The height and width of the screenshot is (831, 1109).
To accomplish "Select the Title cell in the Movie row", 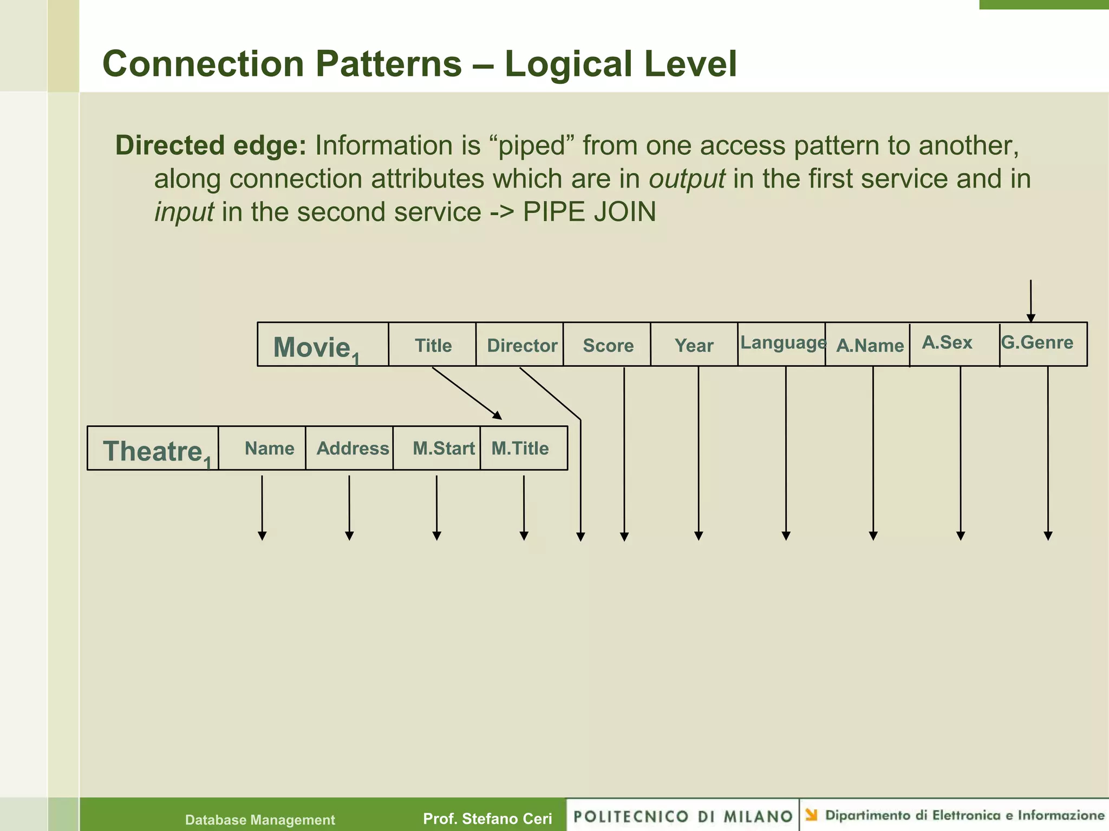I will [433, 345].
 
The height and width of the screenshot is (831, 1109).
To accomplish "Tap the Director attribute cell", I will [521, 345].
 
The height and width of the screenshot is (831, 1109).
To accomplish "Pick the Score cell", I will [608, 345].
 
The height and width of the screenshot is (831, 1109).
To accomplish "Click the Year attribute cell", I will [694, 345].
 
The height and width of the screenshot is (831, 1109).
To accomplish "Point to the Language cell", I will [782, 343].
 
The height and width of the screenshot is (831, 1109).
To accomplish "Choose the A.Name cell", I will [869, 345].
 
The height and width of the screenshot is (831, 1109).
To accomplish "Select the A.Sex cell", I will [947, 342].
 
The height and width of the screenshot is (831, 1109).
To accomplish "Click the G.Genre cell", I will [1037, 342].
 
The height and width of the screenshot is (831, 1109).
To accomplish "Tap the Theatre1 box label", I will [154, 451].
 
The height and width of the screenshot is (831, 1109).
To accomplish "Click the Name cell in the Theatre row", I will [269, 449].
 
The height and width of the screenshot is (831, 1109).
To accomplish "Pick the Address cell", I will [353, 449].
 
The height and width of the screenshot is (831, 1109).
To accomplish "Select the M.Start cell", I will [443, 449].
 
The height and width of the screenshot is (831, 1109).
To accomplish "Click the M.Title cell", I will [520, 449].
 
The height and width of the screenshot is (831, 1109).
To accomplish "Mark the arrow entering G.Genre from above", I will [1030, 300].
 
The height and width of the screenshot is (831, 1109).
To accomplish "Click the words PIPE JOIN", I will [589, 212].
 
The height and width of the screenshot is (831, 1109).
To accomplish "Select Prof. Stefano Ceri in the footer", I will [487, 819].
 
